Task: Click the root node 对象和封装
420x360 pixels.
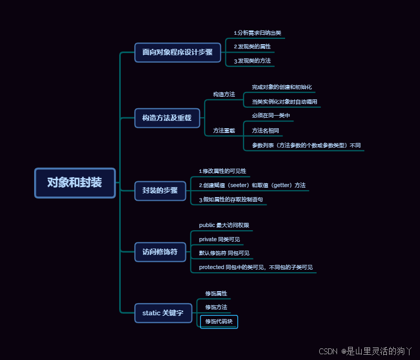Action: click(75, 183)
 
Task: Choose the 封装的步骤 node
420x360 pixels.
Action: click(160, 190)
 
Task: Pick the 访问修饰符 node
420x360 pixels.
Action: click(160, 252)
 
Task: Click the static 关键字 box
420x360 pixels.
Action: click(163, 313)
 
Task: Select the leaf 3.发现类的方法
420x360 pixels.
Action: click(253, 61)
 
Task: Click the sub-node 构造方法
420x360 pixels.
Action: click(224, 94)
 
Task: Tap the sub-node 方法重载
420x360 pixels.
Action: click(224, 130)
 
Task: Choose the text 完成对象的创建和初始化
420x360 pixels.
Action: click(282, 87)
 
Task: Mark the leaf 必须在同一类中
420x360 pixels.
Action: click(271, 116)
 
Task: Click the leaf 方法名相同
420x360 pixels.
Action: click(266, 130)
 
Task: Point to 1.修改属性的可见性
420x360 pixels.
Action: click(223, 171)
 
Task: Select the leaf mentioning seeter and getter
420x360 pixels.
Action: click(252, 186)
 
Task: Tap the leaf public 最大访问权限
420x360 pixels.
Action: click(224, 225)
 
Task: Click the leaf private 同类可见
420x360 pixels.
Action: click(219, 239)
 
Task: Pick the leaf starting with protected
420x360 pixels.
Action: click(256, 268)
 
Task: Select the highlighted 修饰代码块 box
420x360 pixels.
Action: click(219, 321)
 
